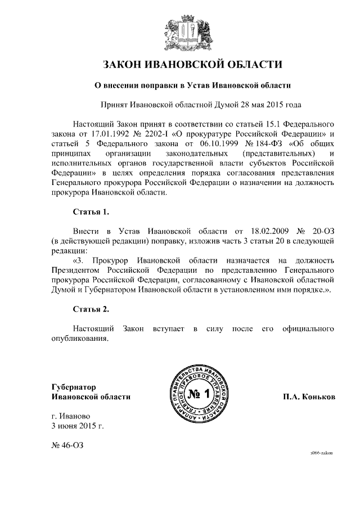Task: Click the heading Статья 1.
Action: pos(91,212)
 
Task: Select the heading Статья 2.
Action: pos(91,309)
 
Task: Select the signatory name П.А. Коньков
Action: pos(309,397)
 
